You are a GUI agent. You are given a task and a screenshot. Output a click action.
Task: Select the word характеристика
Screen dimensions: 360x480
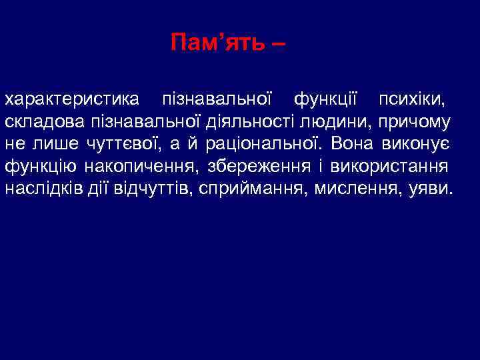click(x=73, y=101)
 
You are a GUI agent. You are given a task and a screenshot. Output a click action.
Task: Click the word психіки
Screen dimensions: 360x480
click(x=413, y=101)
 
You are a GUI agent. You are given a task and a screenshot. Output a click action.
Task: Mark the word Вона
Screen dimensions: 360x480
click(x=353, y=143)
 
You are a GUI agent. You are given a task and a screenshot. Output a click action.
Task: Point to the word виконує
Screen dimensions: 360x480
click(x=420, y=143)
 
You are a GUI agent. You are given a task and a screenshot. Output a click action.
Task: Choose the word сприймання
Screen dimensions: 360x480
click(x=257, y=187)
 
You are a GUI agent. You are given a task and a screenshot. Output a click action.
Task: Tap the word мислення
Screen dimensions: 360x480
click(x=359, y=187)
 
